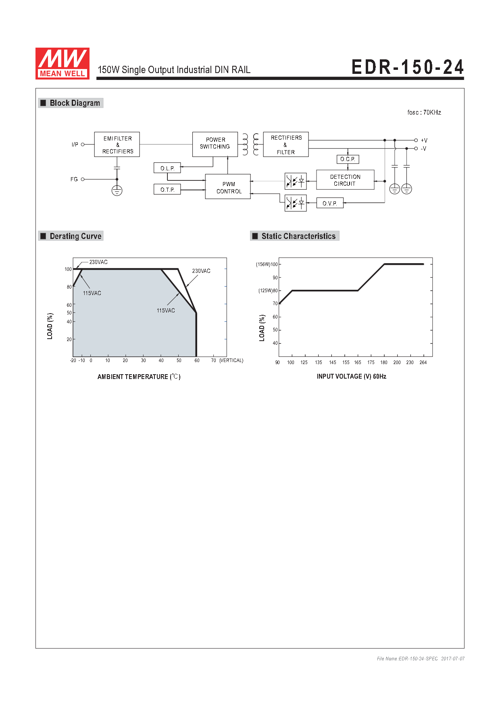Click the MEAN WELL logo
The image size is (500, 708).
coord(62,63)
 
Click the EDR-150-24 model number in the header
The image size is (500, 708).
coord(408,67)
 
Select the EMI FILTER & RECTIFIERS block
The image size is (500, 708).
coord(117,145)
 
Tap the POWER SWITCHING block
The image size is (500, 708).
coord(215,144)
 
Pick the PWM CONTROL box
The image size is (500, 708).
coord(228,186)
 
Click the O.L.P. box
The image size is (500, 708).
coord(167,168)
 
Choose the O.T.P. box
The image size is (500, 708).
coord(167,189)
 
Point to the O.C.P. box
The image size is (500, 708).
coord(348,159)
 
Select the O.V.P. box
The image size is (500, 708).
coord(330,203)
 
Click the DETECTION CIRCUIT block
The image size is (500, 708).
coord(345,180)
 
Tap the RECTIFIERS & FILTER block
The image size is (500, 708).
coord(286,145)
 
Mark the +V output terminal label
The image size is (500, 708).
coord(424,140)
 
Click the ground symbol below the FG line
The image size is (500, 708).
coord(117,191)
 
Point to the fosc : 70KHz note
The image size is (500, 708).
coord(424,113)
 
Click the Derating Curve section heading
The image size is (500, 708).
coord(71,236)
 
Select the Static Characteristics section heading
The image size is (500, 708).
coord(295,236)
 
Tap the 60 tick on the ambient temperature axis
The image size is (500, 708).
coord(197,360)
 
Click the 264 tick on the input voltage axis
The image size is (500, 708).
coord(423,362)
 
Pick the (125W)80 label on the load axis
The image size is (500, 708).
coord(268,291)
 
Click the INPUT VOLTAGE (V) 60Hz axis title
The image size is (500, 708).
coord(352,377)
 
